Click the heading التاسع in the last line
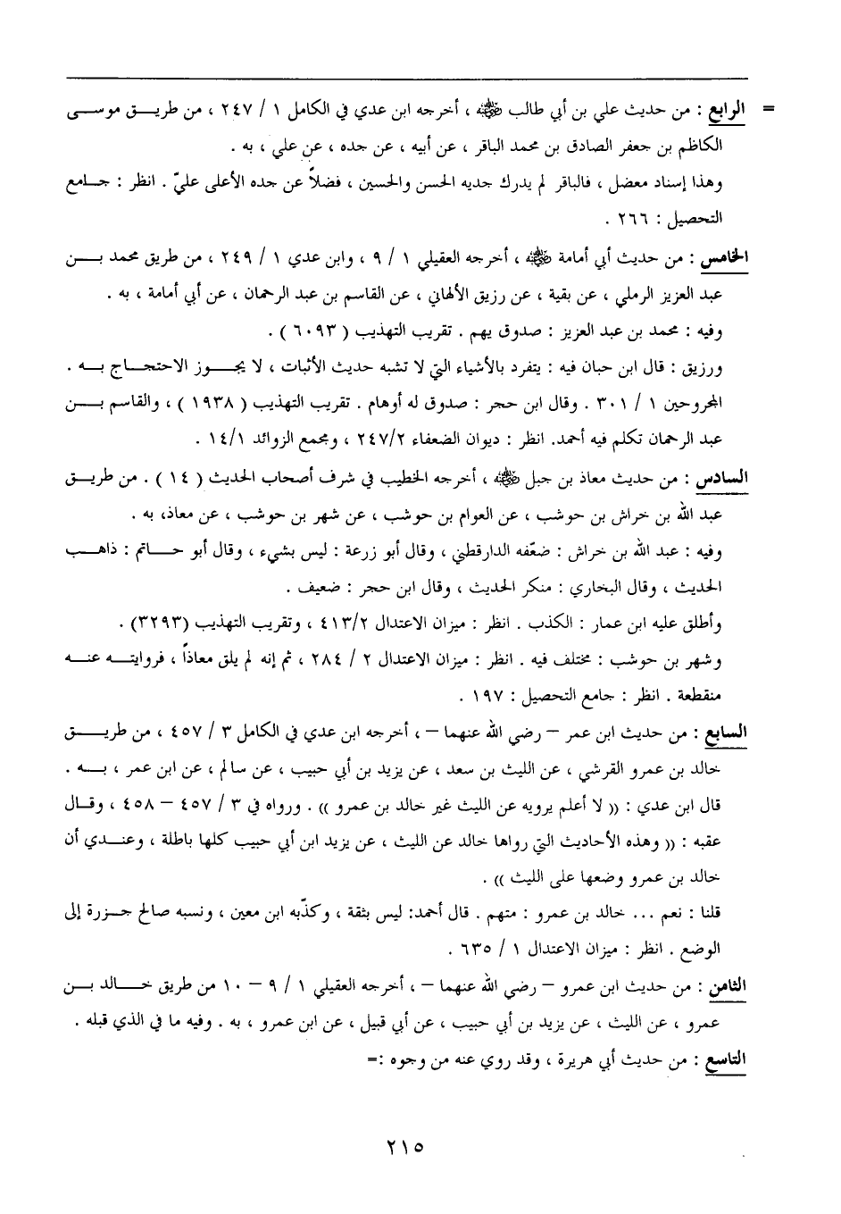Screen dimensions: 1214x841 coord(725,1060)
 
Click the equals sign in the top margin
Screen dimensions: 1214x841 coord(767,113)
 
